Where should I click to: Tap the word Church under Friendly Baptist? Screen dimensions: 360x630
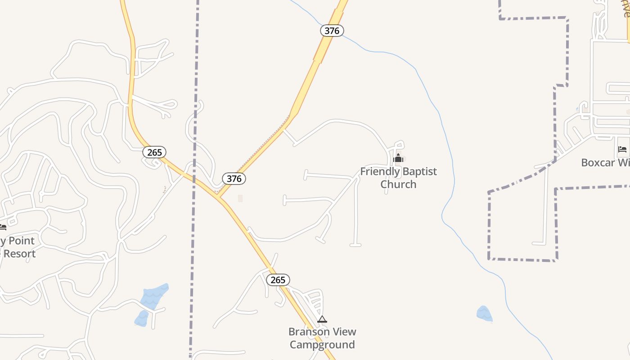pos(398,184)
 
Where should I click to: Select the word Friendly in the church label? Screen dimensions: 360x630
pos(379,171)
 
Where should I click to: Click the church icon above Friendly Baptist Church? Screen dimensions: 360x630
pos(398,158)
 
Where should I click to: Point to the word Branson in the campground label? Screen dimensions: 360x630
pos(308,332)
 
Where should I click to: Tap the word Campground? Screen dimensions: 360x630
pos(322,345)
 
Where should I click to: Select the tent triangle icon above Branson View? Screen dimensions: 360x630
pos(322,319)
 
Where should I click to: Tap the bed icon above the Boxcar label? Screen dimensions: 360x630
pos(622,149)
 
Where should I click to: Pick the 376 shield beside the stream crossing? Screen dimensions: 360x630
pos(332,31)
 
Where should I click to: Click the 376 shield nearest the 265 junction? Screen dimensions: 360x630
pos(234,179)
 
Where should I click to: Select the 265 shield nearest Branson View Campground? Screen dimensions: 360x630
pos(278,280)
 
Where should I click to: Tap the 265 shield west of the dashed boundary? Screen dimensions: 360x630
pos(154,152)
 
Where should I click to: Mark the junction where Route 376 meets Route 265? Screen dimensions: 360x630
pos(217,197)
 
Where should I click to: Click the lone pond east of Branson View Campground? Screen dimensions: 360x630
pos(484,314)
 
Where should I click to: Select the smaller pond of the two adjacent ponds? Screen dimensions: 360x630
pos(141,318)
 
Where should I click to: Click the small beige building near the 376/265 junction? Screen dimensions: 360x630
pos(240,198)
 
